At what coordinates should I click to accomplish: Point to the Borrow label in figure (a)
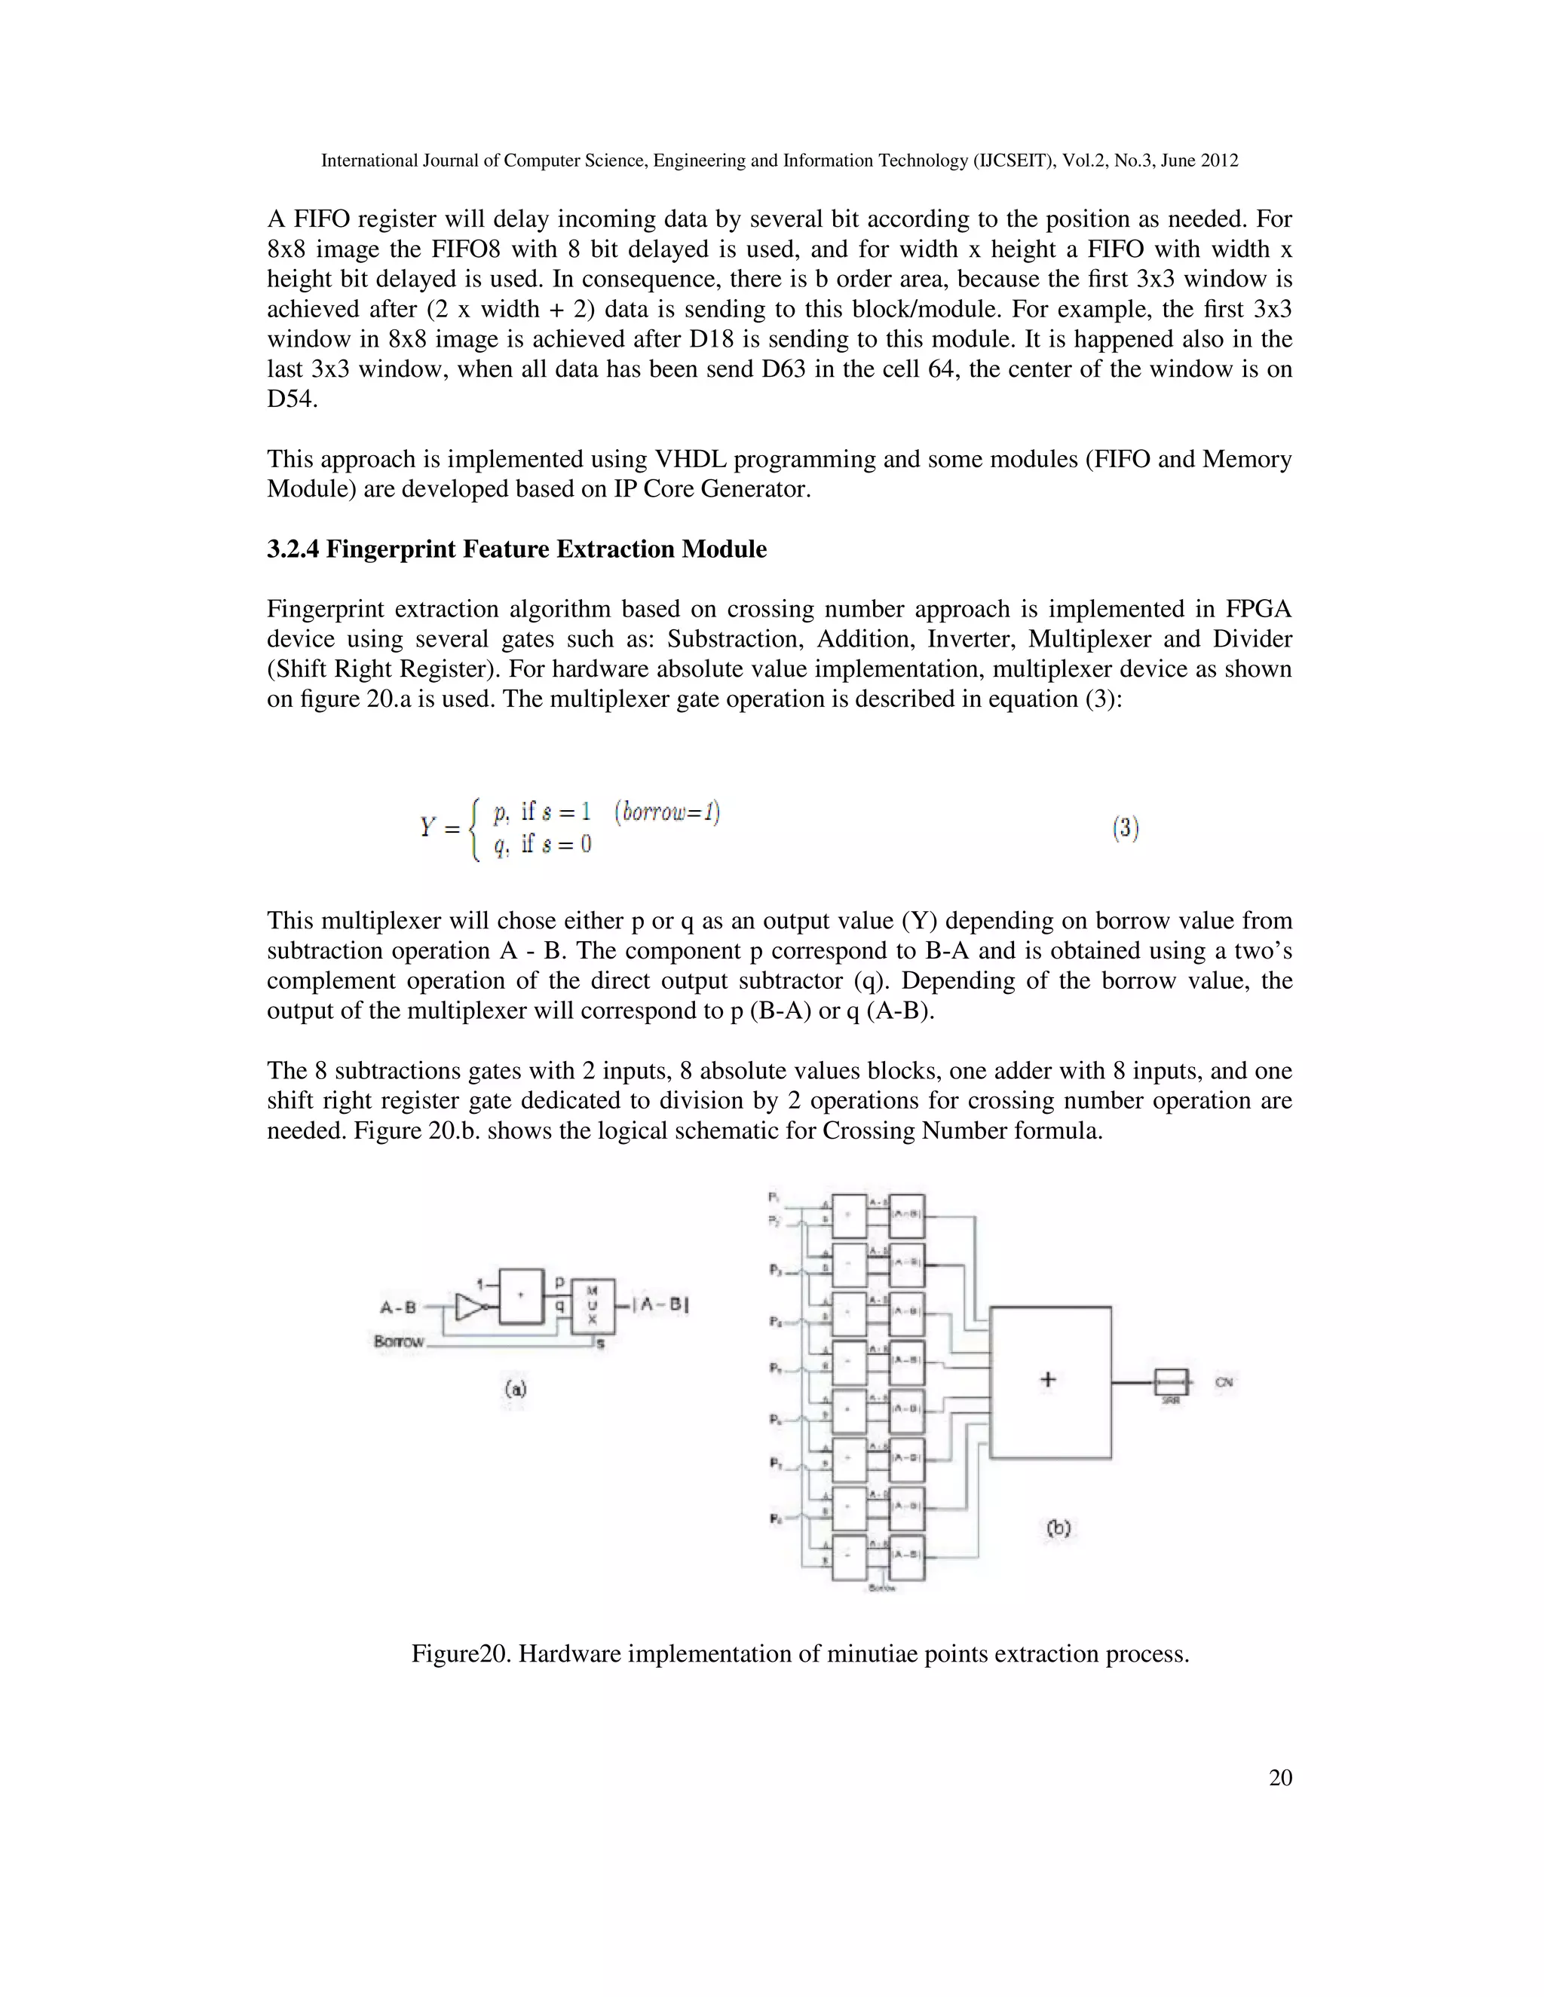click(400, 1341)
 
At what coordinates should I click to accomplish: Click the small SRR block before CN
click(1170, 1381)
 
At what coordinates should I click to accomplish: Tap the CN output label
click(1224, 1381)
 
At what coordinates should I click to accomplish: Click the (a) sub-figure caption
click(515, 1388)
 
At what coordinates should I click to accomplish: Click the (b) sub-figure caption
click(1058, 1527)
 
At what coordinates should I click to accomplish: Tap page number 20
click(1281, 1778)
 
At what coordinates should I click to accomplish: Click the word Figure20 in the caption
click(461, 1654)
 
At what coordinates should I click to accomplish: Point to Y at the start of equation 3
click(427, 827)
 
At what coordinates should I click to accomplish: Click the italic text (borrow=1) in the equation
click(666, 812)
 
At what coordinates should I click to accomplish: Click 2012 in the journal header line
click(1218, 161)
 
